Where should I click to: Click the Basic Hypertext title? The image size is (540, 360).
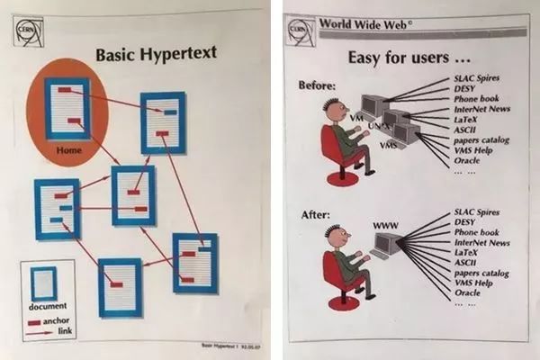156,54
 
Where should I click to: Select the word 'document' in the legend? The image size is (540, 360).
49,309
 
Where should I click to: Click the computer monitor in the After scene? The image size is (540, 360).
388,243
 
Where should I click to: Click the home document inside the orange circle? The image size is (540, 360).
67,108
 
